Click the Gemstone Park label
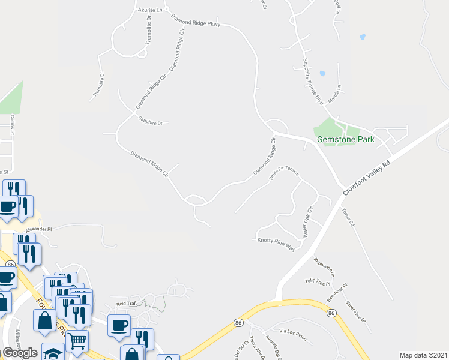(345, 139)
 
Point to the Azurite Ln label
(151, 10)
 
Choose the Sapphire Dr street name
(151, 122)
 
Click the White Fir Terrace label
(284, 174)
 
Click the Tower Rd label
(349, 217)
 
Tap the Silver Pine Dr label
(355, 311)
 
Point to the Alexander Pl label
(39, 229)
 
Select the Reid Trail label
(127, 304)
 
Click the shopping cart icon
(77, 340)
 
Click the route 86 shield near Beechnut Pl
(331, 313)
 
